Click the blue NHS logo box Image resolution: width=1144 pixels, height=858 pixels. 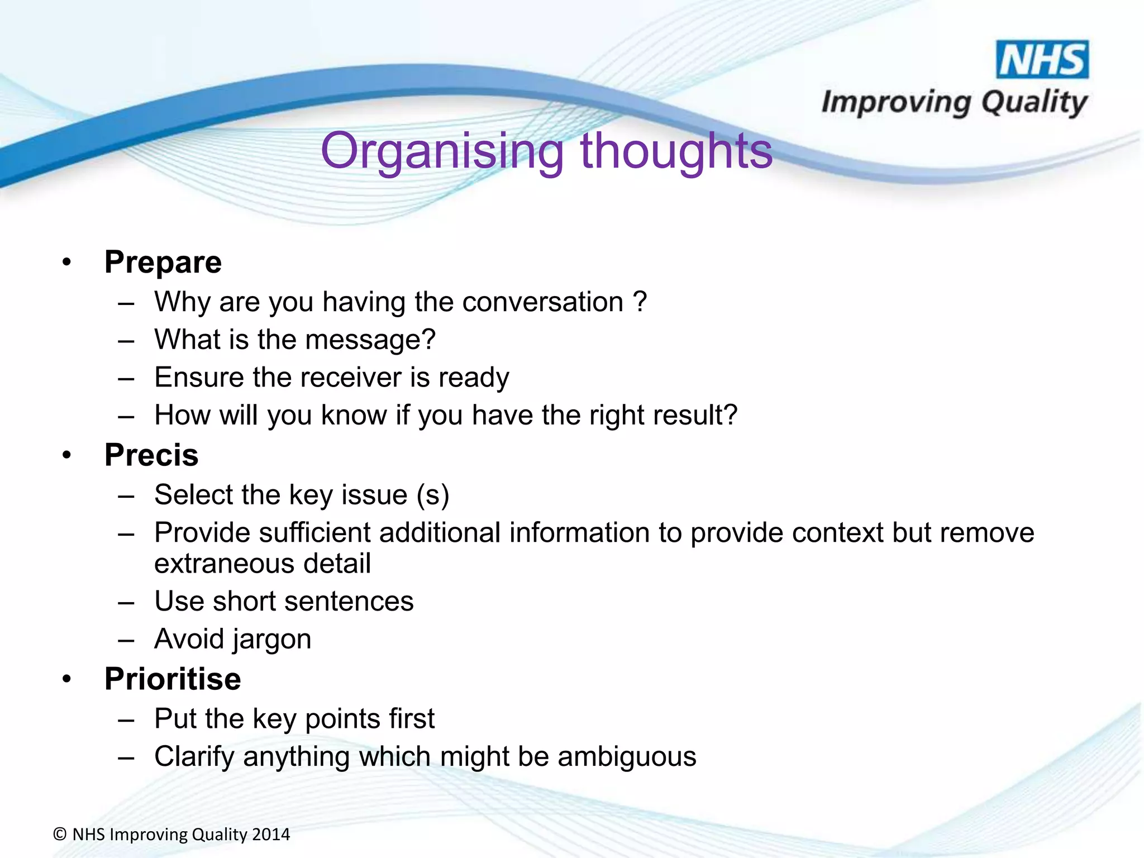coord(1042,59)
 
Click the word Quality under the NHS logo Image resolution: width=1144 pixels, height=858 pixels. coord(1034,103)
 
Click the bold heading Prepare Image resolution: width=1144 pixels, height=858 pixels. coord(163,262)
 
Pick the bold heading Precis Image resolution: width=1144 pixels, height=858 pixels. coord(151,455)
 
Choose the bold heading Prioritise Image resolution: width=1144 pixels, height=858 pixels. coord(173,679)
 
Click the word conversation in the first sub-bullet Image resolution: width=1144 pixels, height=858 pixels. coord(542,302)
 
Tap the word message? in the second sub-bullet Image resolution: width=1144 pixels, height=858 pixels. coord(370,340)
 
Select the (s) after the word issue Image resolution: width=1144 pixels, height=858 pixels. coord(433,495)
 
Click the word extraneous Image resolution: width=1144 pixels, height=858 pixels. coord(224,564)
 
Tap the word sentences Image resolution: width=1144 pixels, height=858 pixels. coord(352,602)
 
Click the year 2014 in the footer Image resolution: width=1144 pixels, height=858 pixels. coord(271,835)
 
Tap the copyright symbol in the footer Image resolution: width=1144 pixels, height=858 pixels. coord(60,835)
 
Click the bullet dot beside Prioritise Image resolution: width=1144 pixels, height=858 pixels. coord(67,679)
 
